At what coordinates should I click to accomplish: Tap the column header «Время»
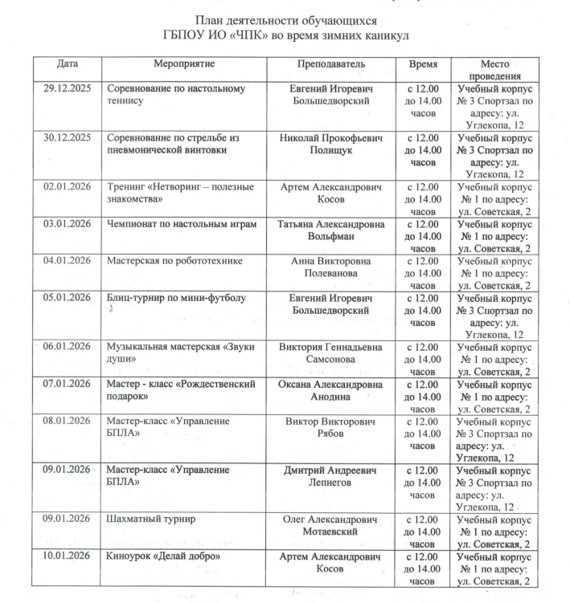[422, 63]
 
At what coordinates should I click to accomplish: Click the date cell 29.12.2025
[68, 88]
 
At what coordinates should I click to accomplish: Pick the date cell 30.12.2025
[68, 138]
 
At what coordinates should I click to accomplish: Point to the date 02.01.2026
[68, 187]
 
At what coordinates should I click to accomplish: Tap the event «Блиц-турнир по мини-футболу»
[175, 299]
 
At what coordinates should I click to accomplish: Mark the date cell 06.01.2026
[68, 347]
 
